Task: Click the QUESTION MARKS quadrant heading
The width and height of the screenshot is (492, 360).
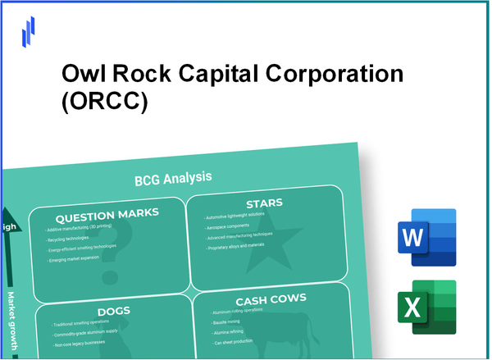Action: pyautogui.click(x=105, y=214)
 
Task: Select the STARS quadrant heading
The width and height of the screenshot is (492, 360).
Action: pyautogui.click(x=265, y=203)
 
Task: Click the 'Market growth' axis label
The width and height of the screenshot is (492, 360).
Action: pyautogui.click(x=13, y=320)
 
